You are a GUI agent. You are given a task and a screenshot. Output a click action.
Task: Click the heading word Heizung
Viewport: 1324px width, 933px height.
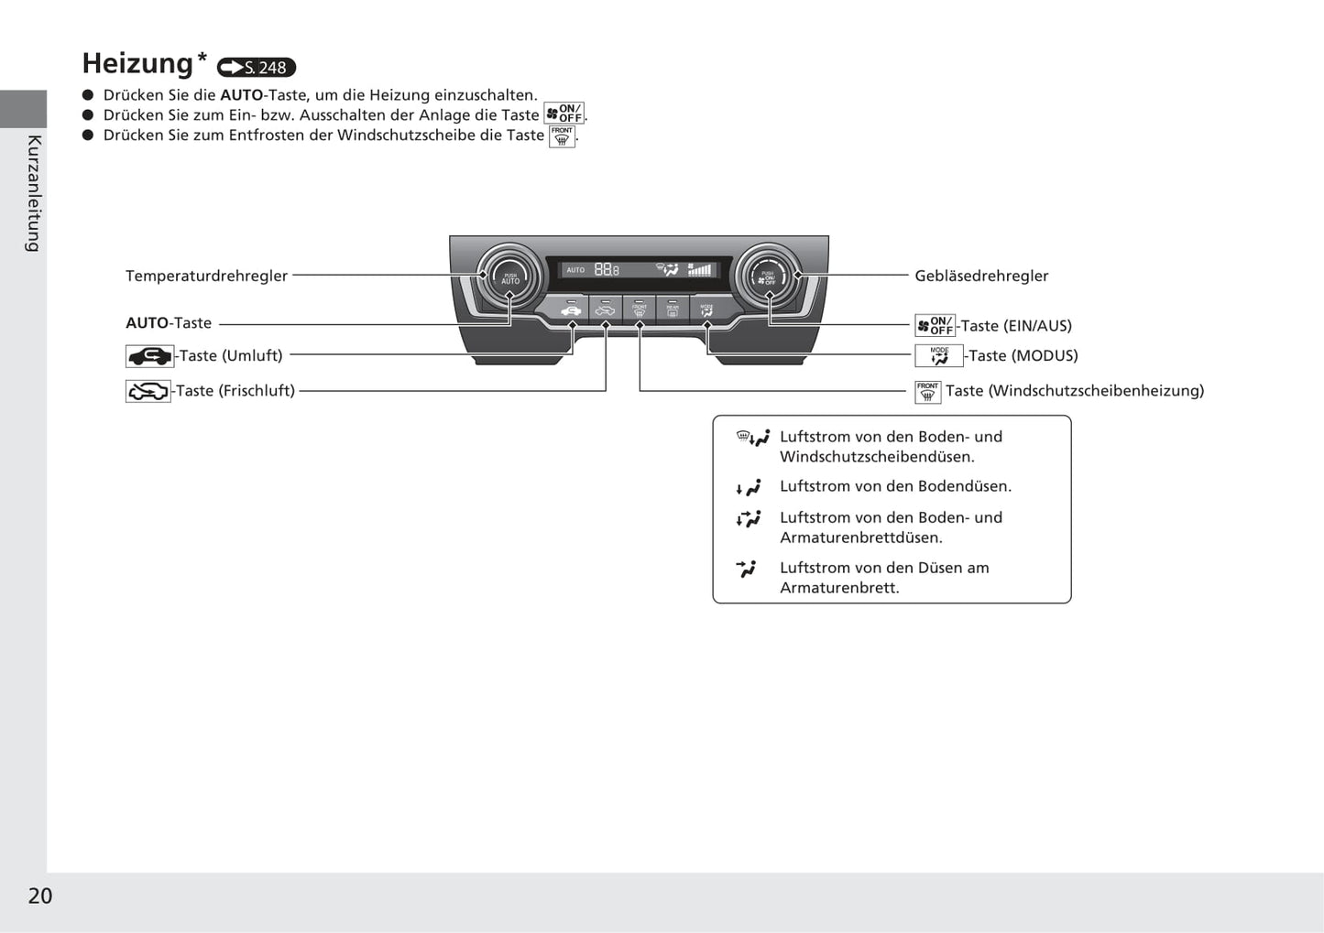pos(137,63)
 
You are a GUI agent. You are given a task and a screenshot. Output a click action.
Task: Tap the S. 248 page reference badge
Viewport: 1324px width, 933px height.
pos(257,67)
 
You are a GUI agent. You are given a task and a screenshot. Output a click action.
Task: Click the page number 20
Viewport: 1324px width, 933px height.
pos(40,895)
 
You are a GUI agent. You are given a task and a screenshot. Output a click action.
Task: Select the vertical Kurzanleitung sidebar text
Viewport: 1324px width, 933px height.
pos(34,192)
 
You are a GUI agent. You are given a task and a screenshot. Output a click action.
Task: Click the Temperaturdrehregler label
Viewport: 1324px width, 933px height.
pos(206,276)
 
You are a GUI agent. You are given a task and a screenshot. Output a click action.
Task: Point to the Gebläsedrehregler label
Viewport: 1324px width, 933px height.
pos(981,276)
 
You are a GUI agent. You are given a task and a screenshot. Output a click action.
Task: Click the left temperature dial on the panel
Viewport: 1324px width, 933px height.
pos(509,275)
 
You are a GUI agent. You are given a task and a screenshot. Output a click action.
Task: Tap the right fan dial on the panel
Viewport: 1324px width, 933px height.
pos(768,275)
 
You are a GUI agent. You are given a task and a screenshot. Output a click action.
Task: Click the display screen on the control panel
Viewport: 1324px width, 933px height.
pos(639,269)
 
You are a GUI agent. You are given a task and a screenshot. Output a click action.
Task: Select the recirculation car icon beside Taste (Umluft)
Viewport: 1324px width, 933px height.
pos(149,356)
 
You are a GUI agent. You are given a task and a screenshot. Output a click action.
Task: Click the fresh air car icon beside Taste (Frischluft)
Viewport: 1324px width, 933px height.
pos(148,392)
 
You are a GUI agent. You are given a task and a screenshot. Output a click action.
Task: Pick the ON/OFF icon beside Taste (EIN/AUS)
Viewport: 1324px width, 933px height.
pos(935,326)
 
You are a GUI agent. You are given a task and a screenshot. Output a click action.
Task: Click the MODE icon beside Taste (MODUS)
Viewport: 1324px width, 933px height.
pos(939,356)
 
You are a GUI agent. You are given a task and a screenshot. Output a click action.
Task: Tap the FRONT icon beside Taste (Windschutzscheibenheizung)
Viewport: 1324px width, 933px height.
pos(928,392)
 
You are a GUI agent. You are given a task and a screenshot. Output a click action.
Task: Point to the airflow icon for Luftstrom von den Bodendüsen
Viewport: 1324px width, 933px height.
pos(750,488)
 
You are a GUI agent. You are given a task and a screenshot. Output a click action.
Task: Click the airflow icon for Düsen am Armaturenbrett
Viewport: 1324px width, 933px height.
pos(747,569)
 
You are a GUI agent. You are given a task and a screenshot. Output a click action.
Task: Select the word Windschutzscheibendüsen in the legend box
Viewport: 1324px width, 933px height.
pos(877,457)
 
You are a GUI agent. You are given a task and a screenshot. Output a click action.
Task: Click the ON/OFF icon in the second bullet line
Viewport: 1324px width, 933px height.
pos(564,114)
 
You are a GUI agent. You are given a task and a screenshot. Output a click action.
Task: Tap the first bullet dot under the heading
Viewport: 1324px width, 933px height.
pos(89,95)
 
